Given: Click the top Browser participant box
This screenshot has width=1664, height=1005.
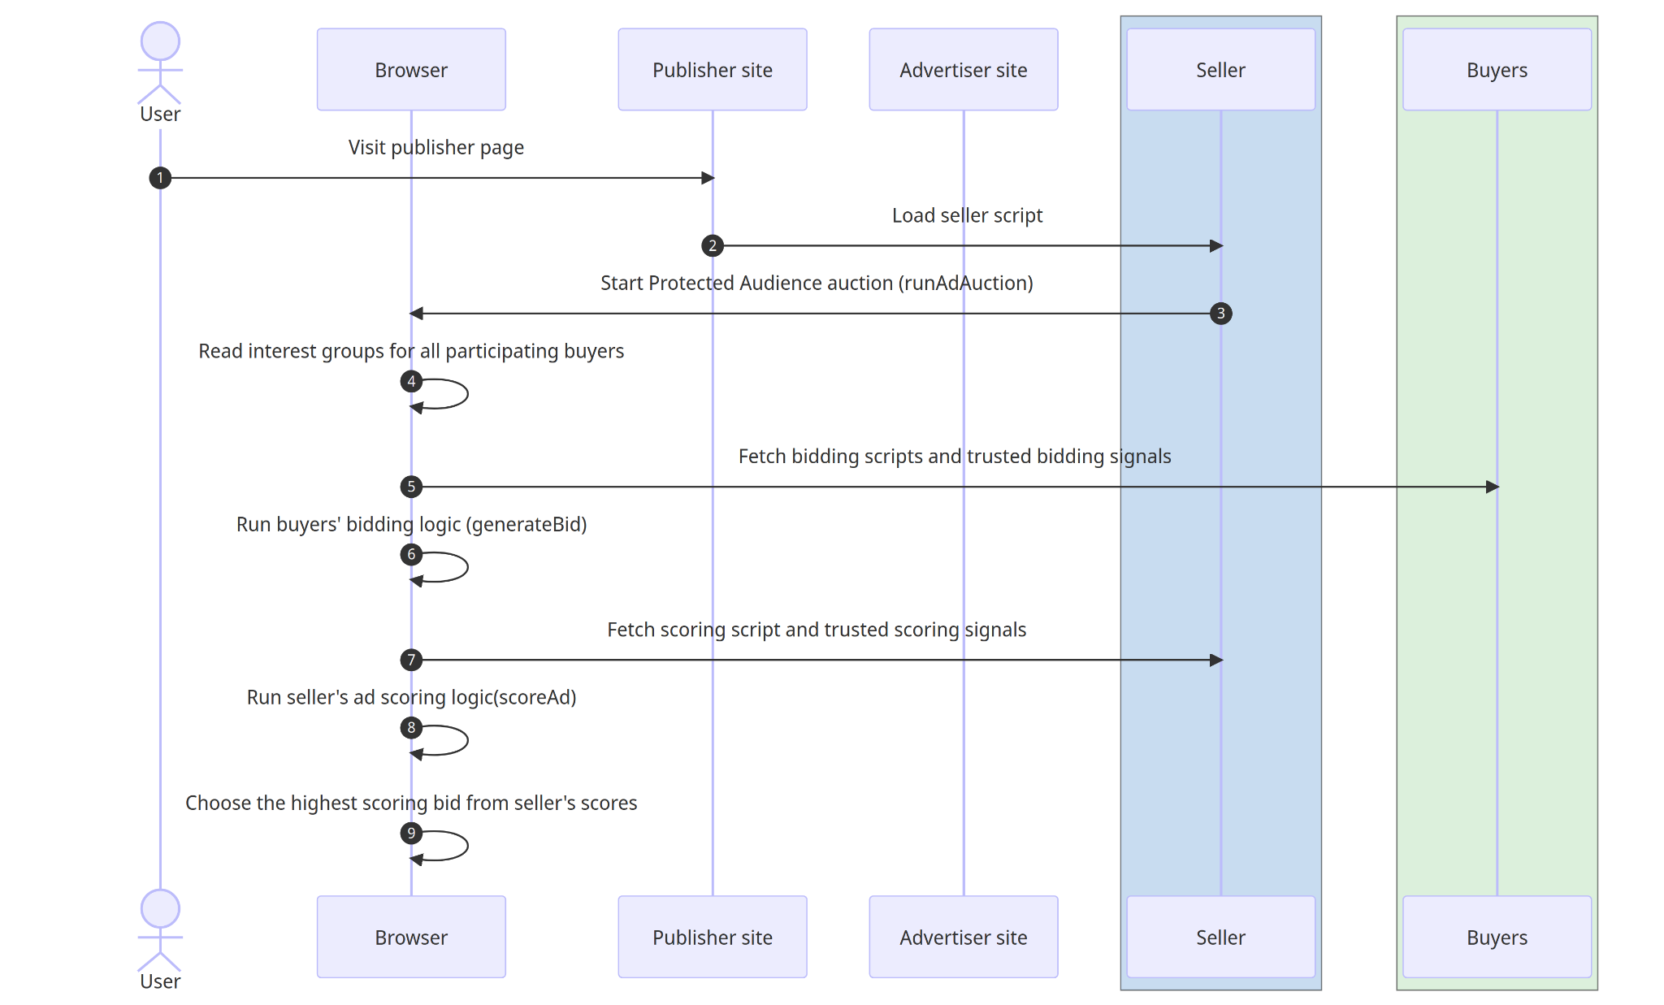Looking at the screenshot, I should coord(411,70).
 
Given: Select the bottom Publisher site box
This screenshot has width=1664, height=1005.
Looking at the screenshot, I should coord(712,937).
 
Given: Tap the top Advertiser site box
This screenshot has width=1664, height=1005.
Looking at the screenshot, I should coord(963,70).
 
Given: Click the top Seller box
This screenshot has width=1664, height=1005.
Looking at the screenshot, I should coord(1220,70).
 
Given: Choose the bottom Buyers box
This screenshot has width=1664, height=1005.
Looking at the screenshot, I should coord(1497,937).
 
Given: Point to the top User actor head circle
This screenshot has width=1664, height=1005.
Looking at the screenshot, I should coord(160,41).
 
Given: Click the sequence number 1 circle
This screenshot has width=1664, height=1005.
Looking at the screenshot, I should coord(160,178).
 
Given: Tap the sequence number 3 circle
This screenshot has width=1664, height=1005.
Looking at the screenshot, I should coord(1220,314).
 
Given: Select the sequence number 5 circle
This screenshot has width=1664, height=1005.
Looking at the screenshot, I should coord(411,487).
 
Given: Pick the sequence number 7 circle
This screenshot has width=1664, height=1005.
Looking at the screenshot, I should coord(411,660).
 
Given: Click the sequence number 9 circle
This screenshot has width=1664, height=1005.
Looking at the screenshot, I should coord(411,833).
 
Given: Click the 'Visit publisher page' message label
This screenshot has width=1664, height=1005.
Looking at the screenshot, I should coord(435,147).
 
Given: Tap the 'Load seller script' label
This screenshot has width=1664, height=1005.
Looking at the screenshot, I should coord(967,215).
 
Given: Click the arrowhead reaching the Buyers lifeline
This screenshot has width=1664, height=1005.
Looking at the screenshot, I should coord(1493,487).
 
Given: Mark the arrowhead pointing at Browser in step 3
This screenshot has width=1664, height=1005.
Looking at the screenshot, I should coord(416,314).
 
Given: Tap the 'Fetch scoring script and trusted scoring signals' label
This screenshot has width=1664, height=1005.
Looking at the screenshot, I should coord(817,630).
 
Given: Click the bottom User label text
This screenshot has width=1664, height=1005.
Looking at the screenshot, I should coord(160,981).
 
